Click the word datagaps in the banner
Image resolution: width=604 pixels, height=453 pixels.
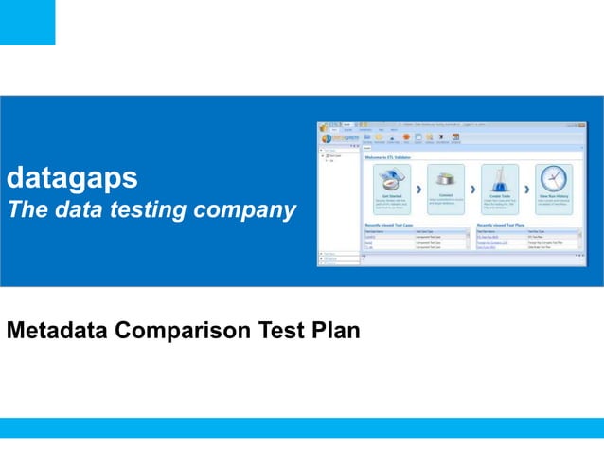tap(72, 177)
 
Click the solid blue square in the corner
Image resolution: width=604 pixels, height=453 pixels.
tap(27, 22)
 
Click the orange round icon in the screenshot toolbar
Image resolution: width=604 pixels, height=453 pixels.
tap(407, 137)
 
